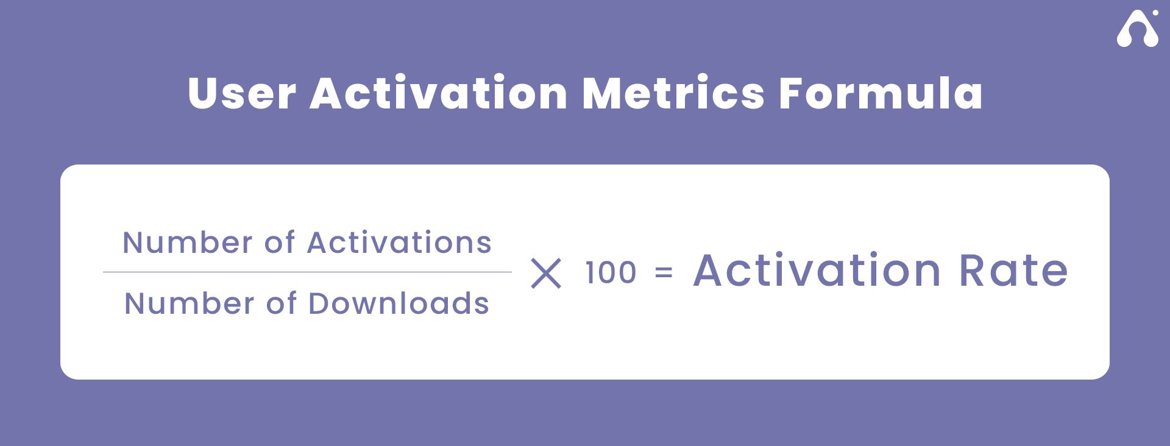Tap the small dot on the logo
(x=1155, y=12)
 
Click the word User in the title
(x=242, y=93)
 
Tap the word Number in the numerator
(x=188, y=242)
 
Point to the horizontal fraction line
(x=307, y=272)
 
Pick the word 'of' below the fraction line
(x=282, y=303)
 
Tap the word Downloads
(x=399, y=303)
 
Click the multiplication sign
(x=546, y=273)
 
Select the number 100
(x=611, y=272)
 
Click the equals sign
(x=664, y=272)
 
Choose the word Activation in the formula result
(x=818, y=270)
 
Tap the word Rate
(x=1014, y=270)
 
